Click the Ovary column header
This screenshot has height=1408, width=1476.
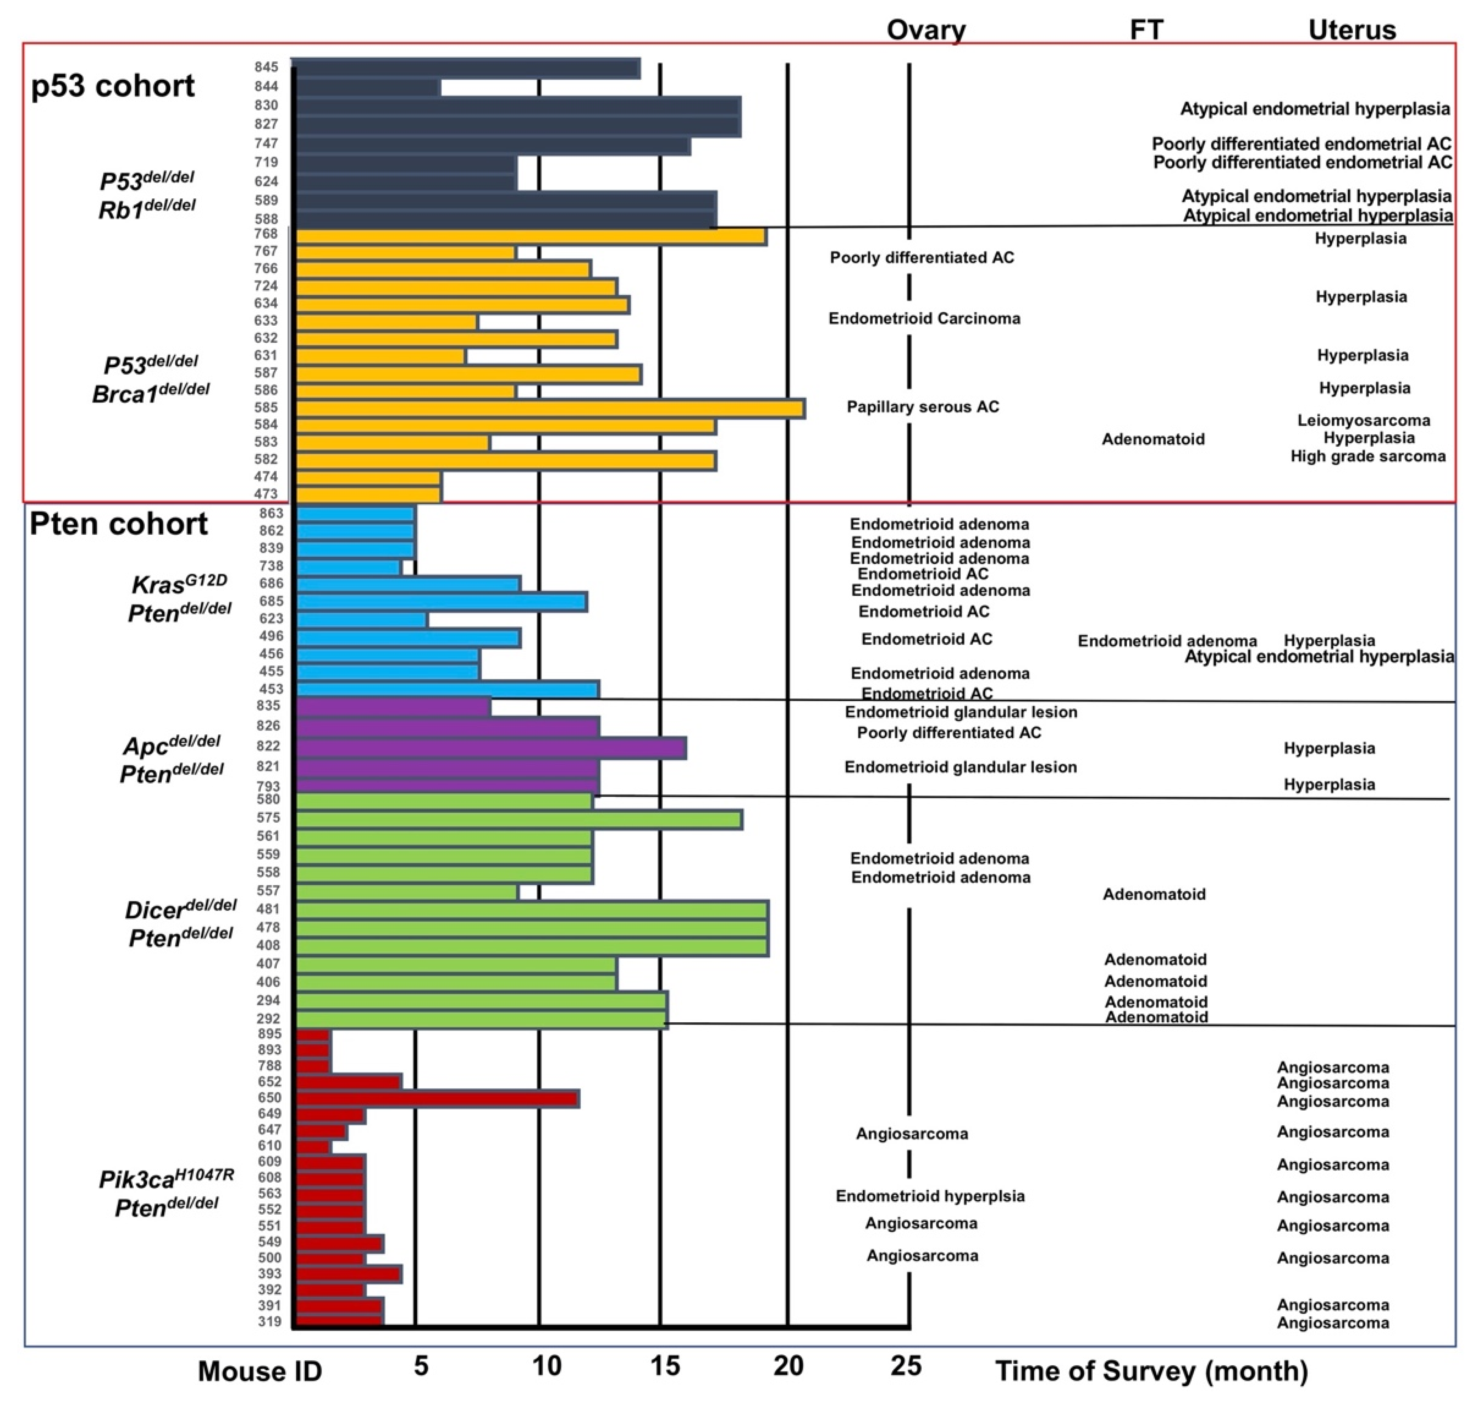[x=926, y=30]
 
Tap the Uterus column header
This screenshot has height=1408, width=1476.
[x=1352, y=30]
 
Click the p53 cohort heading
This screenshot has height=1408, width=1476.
[x=113, y=86]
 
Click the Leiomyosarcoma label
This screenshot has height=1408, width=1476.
[x=1363, y=420]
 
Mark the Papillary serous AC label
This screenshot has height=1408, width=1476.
[x=923, y=407]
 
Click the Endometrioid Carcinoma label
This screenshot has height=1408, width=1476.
[x=924, y=318]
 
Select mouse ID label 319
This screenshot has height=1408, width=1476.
[x=269, y=1322]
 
